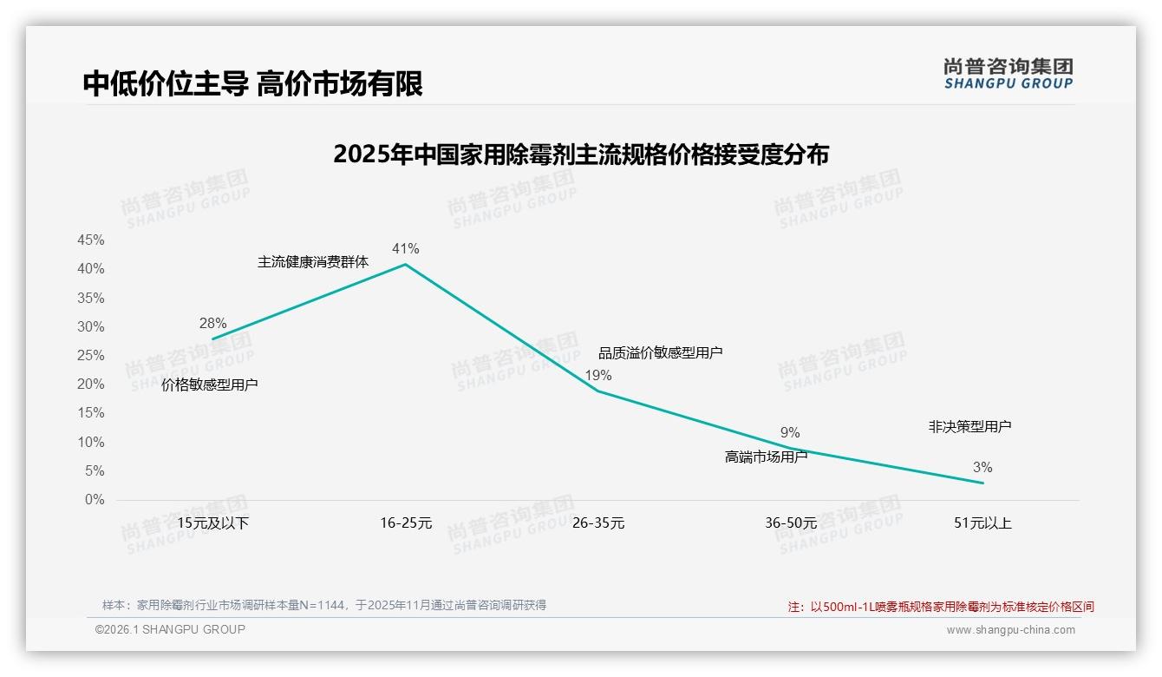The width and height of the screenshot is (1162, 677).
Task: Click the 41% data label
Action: tap(405, 249)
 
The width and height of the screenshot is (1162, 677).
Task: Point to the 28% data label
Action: tap(212, 323)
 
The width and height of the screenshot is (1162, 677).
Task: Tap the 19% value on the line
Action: tap(598, 376)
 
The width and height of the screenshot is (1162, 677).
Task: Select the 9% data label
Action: tap(790, 433)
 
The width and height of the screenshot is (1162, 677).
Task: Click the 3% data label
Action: tap(982, 468)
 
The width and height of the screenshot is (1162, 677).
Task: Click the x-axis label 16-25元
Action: tap(406, 523)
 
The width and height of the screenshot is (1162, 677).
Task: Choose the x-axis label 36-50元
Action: tap(791, 523)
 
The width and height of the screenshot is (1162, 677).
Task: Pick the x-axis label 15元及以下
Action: tap(213, 523)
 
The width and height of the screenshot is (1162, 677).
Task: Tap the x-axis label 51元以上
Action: tap(982, 523)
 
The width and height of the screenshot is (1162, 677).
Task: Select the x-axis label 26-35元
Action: tap(598, 523)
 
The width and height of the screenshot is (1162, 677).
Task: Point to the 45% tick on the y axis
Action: tap(91, 240)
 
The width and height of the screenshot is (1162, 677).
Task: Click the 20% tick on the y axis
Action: tap(91, 385)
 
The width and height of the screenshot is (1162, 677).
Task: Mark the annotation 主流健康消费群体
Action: tap(313, 262)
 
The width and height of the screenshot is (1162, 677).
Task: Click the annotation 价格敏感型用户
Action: tap(210, 385)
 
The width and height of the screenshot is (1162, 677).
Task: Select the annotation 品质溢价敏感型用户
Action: tap(661, 352)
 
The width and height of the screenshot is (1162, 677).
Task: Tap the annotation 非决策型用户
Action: tap(969, 427)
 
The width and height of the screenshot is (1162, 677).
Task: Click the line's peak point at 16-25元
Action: tap(405, 264)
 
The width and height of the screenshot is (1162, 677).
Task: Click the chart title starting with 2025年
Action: tap(581, 154)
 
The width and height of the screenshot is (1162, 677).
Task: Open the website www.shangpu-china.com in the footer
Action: tap(1010, 630)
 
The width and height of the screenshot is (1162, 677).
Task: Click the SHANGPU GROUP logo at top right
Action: tap(1008, 74)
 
